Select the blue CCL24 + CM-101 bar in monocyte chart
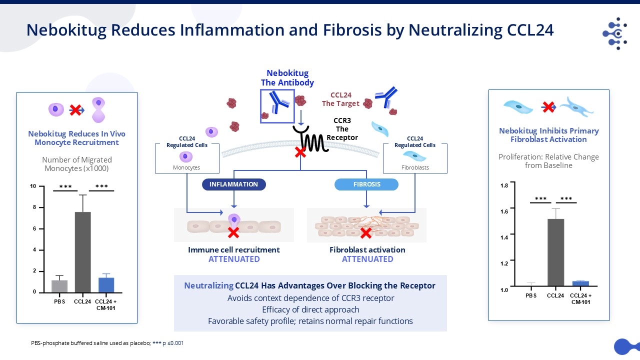pos(106,284)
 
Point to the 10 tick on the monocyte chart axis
pos(33,186)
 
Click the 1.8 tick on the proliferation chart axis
pos(504,185)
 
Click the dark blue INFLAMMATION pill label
pos(233,184)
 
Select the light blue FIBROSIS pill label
pos(366,184)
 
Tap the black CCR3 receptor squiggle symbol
pos(312,139)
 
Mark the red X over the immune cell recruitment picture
pos(233,232)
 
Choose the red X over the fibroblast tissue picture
pos(366,232)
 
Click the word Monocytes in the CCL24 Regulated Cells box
pos(186,168)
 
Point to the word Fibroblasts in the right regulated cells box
pos(415,168)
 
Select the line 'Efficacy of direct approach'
pos(310,309)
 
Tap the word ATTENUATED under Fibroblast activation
pos(367,259)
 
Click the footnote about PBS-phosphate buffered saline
pos(107,343)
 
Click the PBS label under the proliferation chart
pos(531,295)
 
